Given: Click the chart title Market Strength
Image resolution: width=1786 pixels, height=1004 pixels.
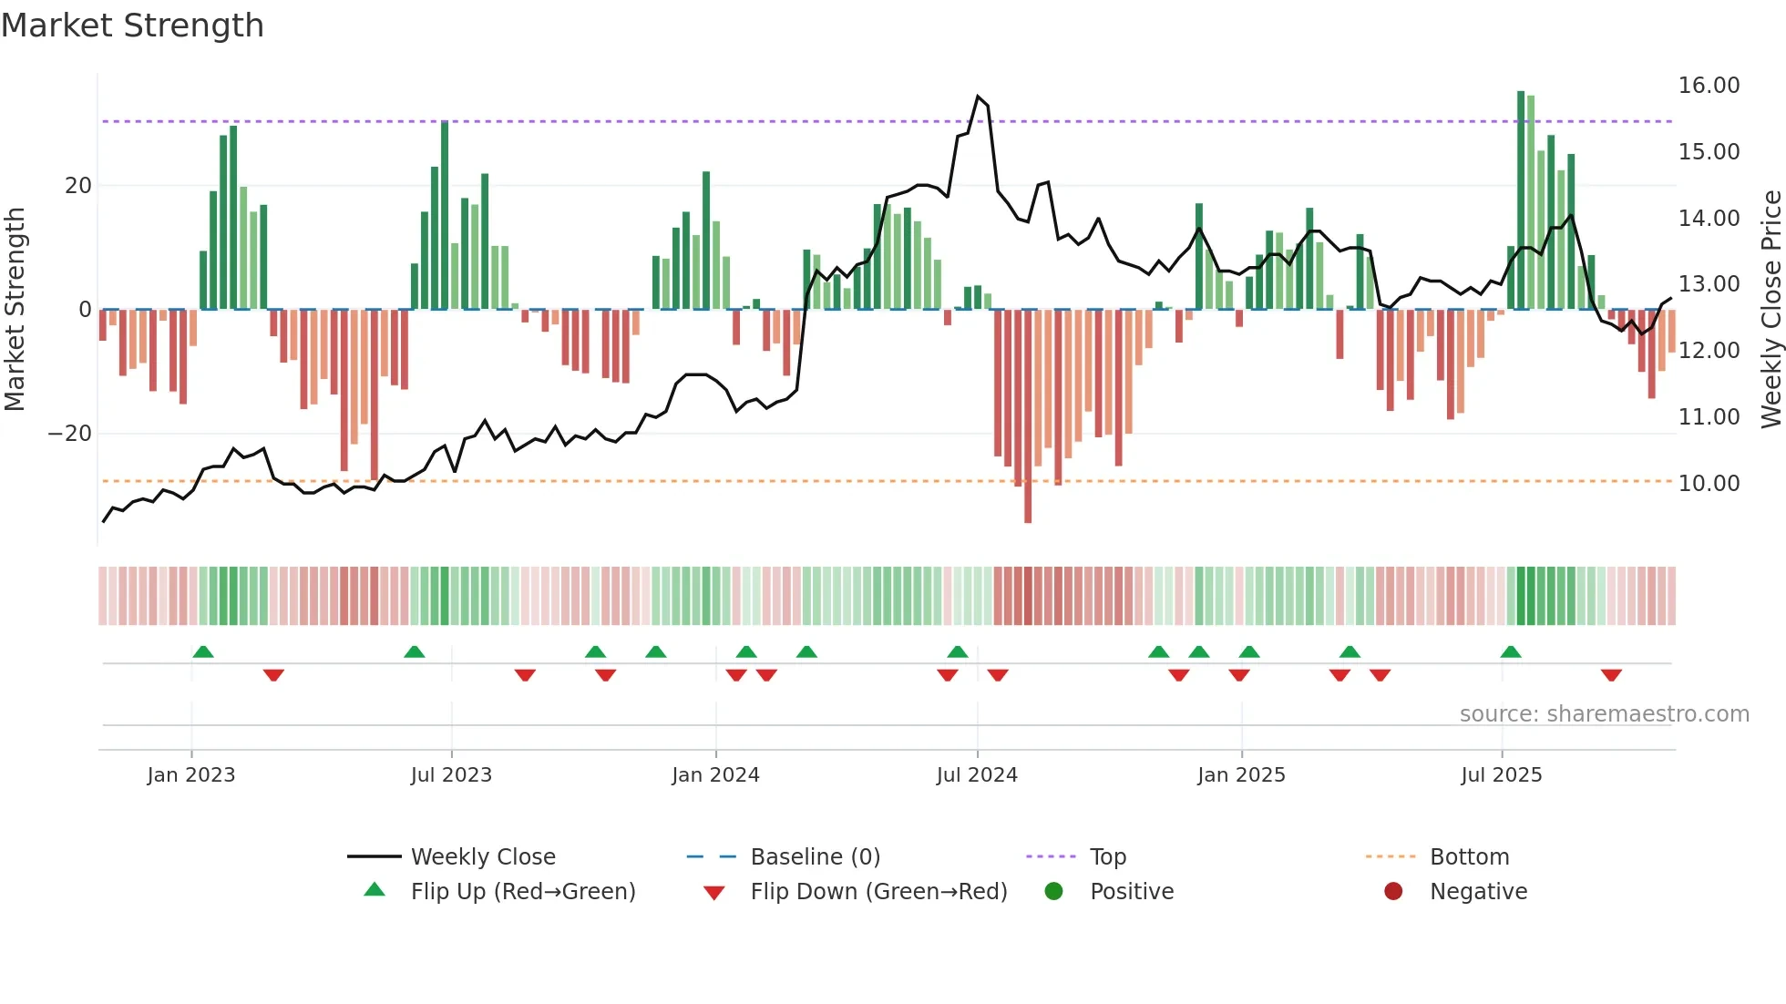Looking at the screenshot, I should (132, 26).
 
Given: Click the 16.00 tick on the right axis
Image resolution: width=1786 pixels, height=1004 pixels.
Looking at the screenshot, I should (1709, 86).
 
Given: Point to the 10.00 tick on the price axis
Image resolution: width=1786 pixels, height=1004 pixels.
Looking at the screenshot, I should (1709, 484).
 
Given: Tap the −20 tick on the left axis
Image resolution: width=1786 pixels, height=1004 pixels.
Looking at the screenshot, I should (70, 434).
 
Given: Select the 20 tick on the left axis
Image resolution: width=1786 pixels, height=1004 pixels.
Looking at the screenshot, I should (78, 186).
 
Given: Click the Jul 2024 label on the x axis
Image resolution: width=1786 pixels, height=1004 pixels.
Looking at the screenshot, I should (977, 775).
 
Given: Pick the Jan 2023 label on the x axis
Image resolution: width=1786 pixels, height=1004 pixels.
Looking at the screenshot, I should (191, 775).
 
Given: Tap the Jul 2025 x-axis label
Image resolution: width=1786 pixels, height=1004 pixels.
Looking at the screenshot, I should (1501, 775).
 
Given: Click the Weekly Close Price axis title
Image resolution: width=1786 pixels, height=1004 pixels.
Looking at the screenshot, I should (1771, 310).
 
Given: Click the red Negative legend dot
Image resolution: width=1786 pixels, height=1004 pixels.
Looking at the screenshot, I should (1393, 892).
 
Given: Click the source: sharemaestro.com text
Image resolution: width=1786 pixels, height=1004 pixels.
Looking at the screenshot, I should (1604, 714).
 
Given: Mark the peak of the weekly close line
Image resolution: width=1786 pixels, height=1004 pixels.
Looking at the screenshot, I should (978, 97).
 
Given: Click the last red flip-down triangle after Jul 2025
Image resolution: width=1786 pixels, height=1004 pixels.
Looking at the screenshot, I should (1611, 675).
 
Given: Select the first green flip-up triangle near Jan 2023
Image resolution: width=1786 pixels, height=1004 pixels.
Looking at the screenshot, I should (203, 651).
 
